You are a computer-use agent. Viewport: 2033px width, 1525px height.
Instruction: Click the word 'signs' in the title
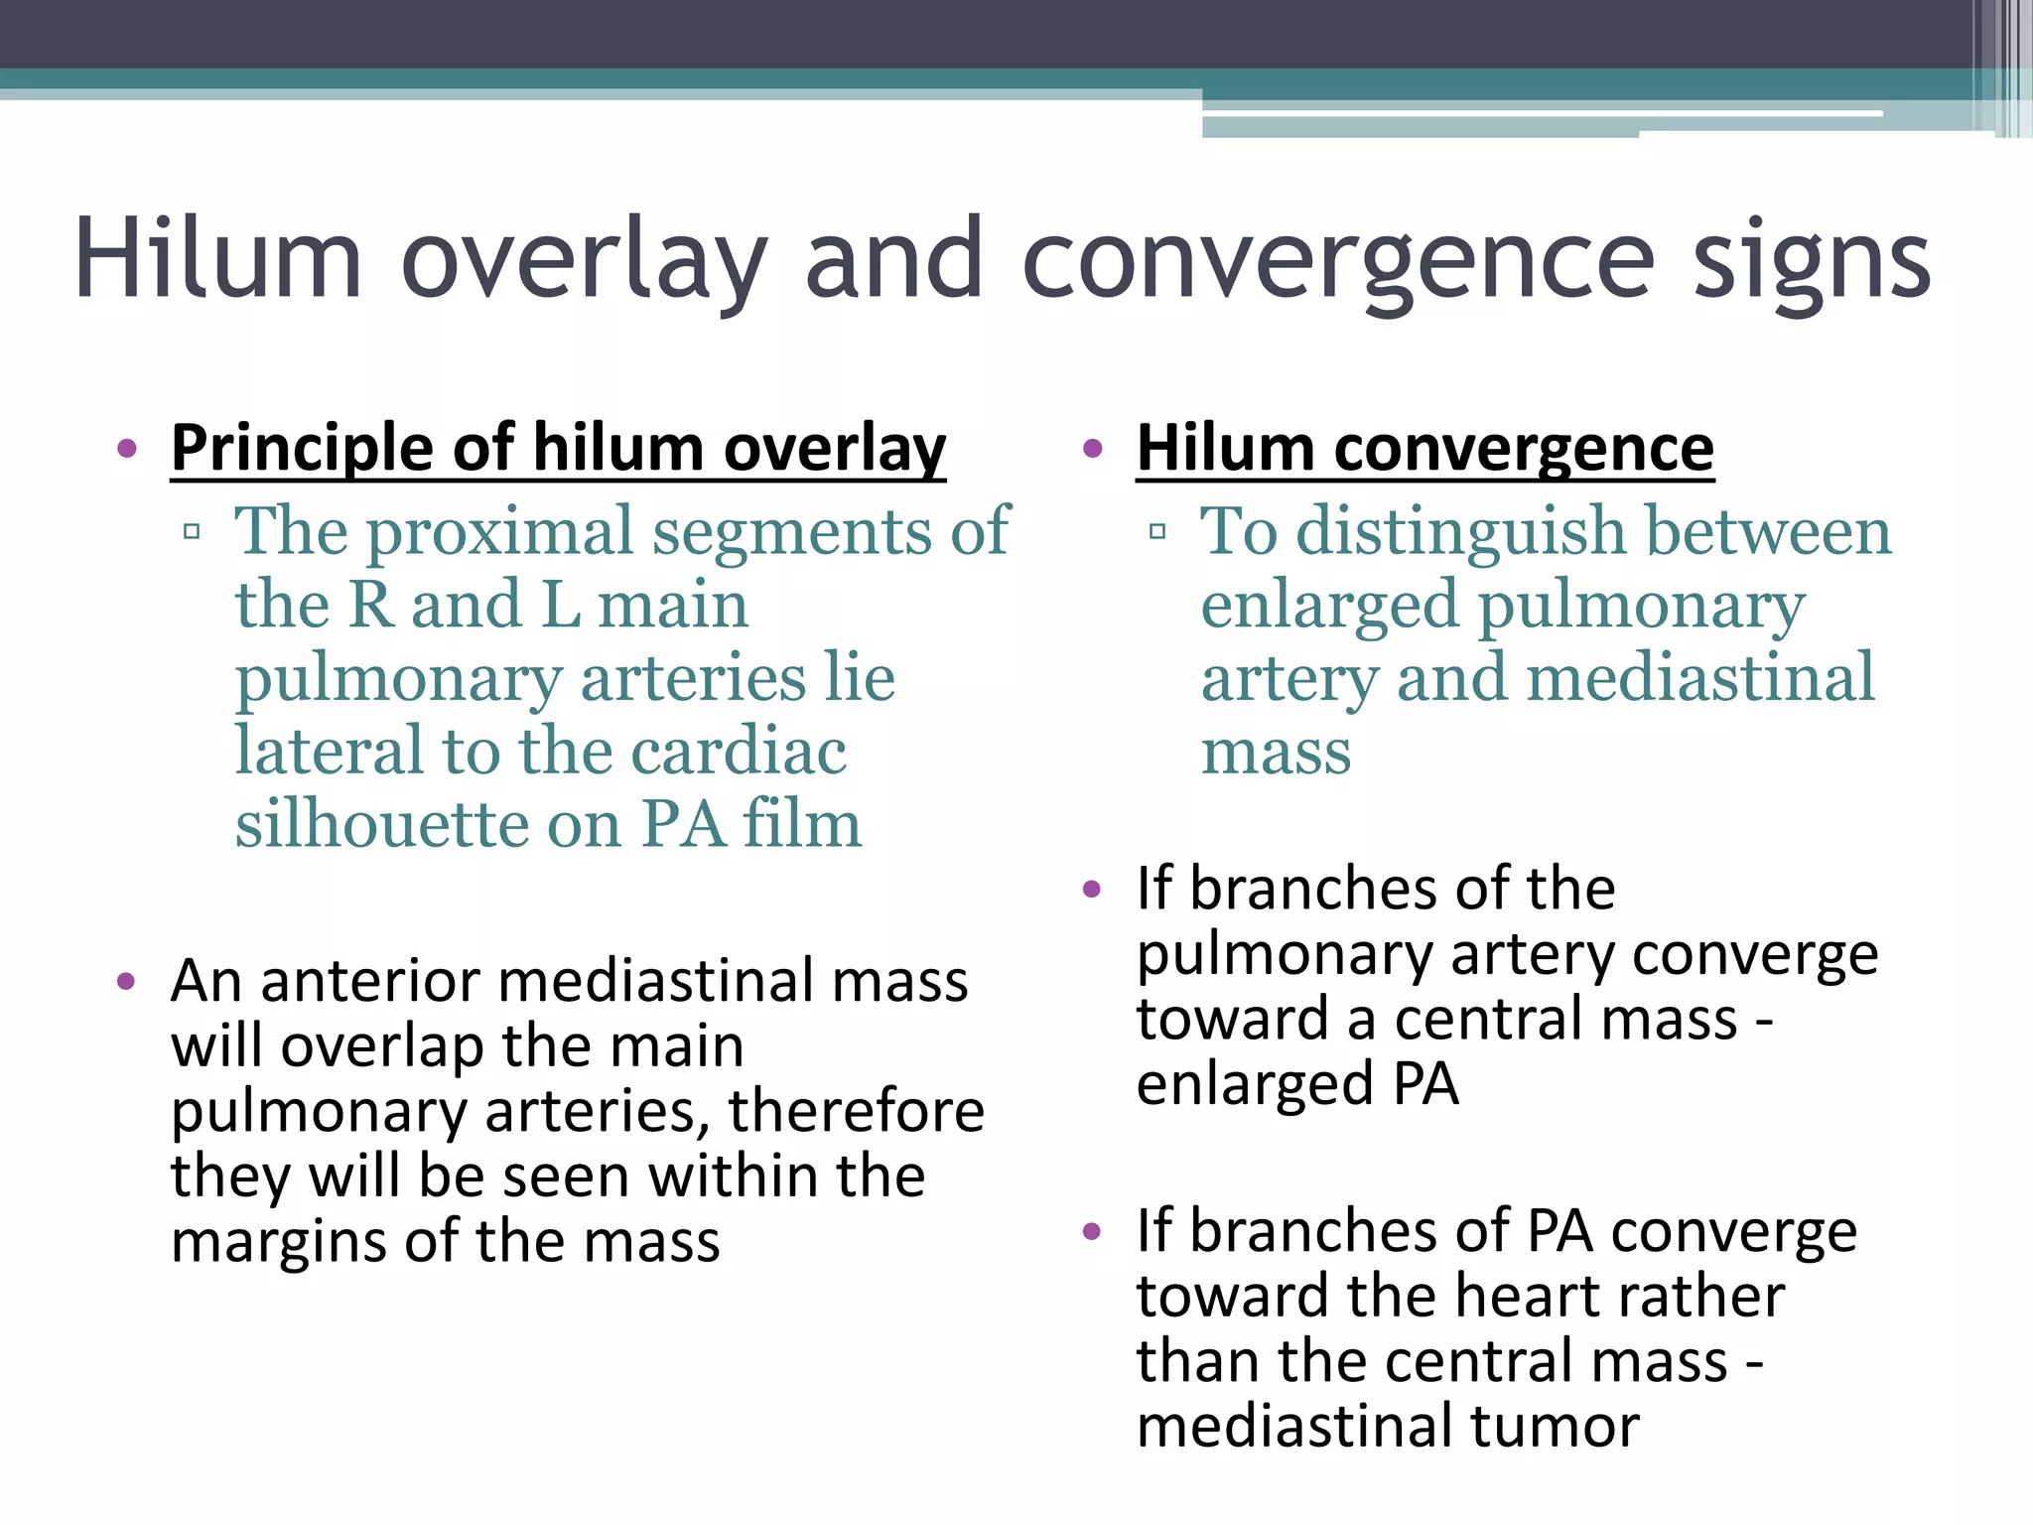coord(1813,260)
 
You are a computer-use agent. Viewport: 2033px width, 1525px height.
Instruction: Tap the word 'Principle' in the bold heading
coord(302,449)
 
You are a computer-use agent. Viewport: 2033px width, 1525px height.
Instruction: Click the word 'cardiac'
coord(739,752)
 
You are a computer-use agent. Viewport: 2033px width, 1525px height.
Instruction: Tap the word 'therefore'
coord(856,1111)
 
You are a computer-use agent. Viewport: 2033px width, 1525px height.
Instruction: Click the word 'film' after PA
coord(802,824)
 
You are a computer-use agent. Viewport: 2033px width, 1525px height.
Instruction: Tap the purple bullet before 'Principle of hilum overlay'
coord(126,449)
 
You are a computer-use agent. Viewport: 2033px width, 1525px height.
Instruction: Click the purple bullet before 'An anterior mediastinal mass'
coord(126,983)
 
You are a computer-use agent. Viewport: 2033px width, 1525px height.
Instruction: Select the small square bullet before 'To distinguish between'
coord(1156,532)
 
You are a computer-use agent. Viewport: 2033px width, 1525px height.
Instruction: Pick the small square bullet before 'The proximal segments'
coord(192,532)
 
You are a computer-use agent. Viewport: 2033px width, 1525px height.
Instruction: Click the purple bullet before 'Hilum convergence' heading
coord(1093,449)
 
